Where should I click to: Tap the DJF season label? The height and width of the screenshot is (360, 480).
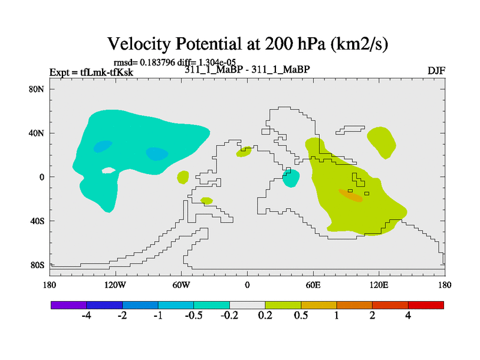coord(436,71)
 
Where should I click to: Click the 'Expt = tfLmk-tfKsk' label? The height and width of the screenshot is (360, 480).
coord(91,73)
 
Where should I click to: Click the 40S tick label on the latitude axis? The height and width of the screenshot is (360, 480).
coord(38,221)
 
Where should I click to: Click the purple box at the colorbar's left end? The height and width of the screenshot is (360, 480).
coord(69,305)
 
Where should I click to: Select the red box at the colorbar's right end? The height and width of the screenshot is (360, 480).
coord(426,305)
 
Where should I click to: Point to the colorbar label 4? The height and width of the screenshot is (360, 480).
coord(408,316)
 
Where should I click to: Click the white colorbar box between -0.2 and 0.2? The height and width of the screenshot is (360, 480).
coord(247,305)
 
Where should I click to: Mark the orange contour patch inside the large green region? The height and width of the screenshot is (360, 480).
coord(350,195)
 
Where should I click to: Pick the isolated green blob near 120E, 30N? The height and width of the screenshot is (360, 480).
coord(382,142)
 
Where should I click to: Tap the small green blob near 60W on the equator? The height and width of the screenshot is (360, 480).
coord(183,177)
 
